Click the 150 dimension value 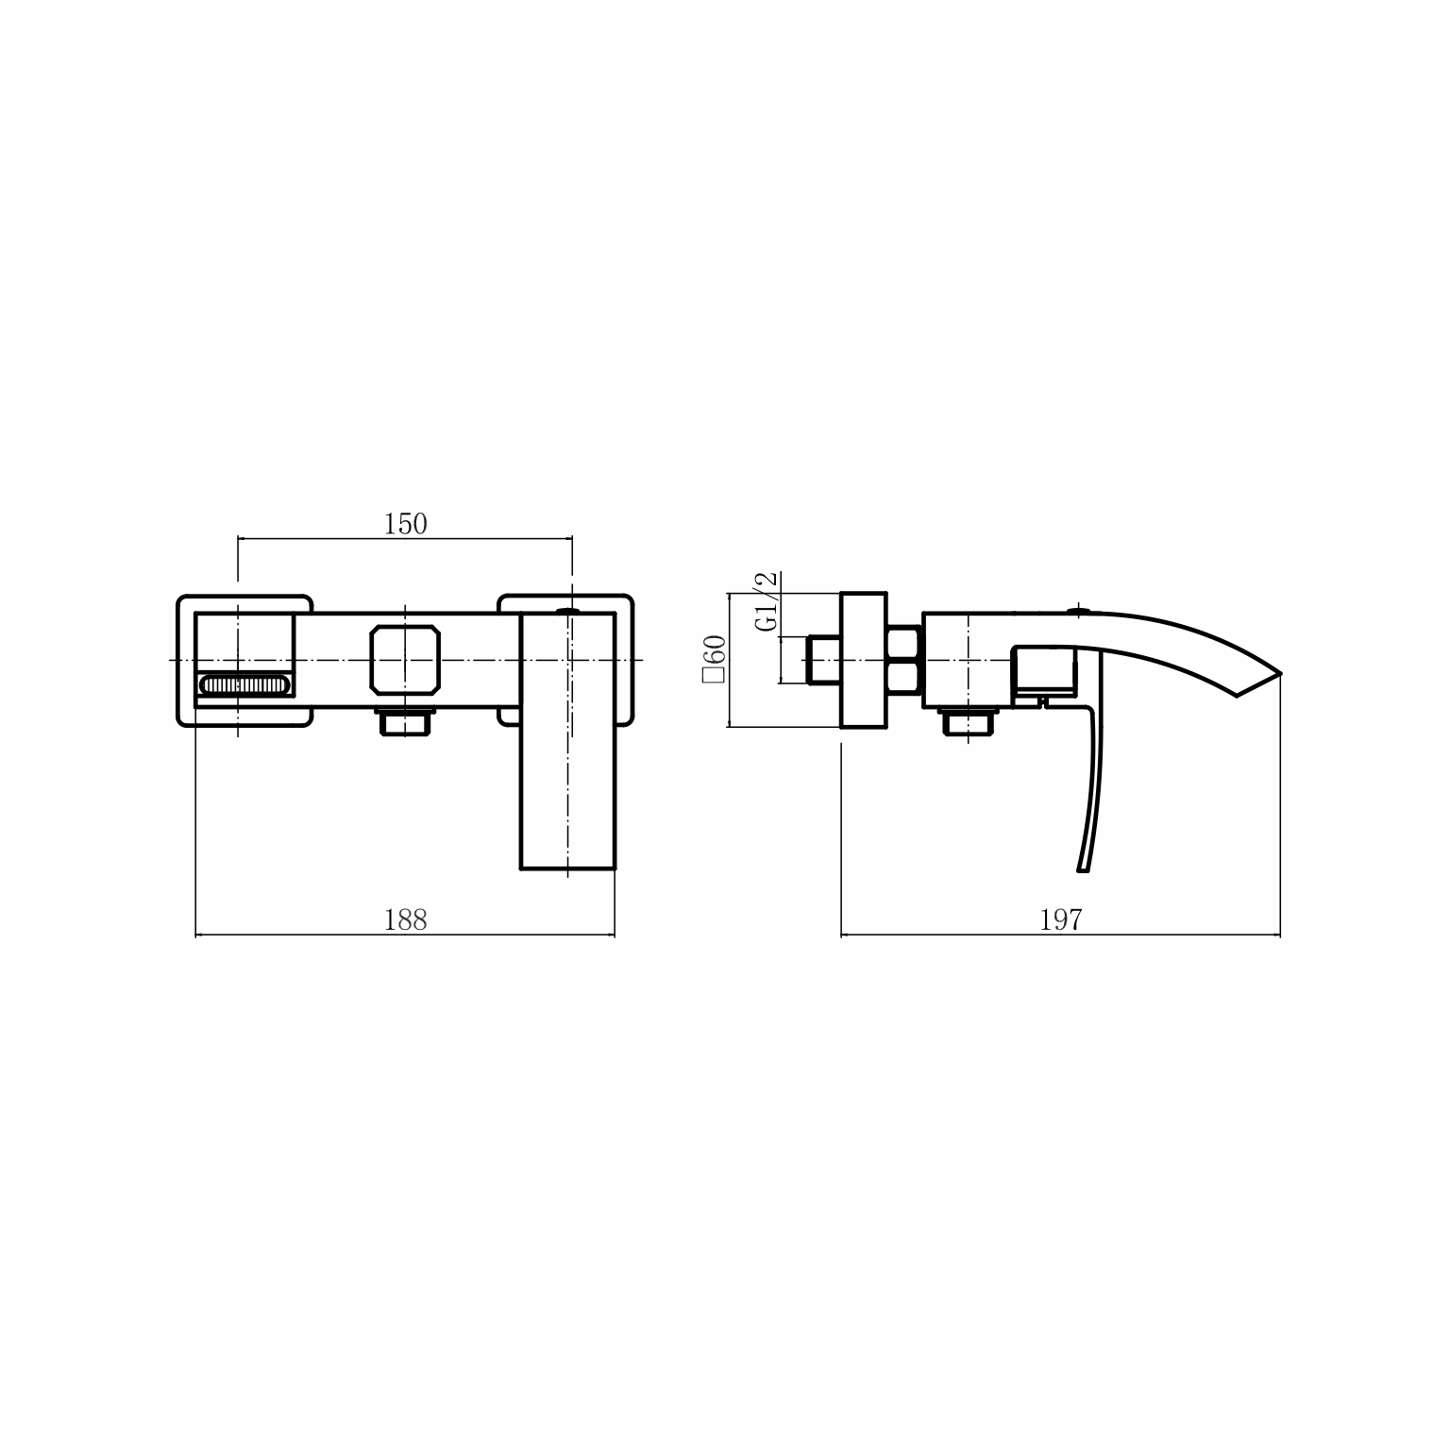[x=406, y=524]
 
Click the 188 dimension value [x=406, y=919]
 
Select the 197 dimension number [x=1060, y=919]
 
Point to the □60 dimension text [x=714, y=658]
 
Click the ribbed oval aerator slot [x=245, y=684]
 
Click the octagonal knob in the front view [x=406, y=658]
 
